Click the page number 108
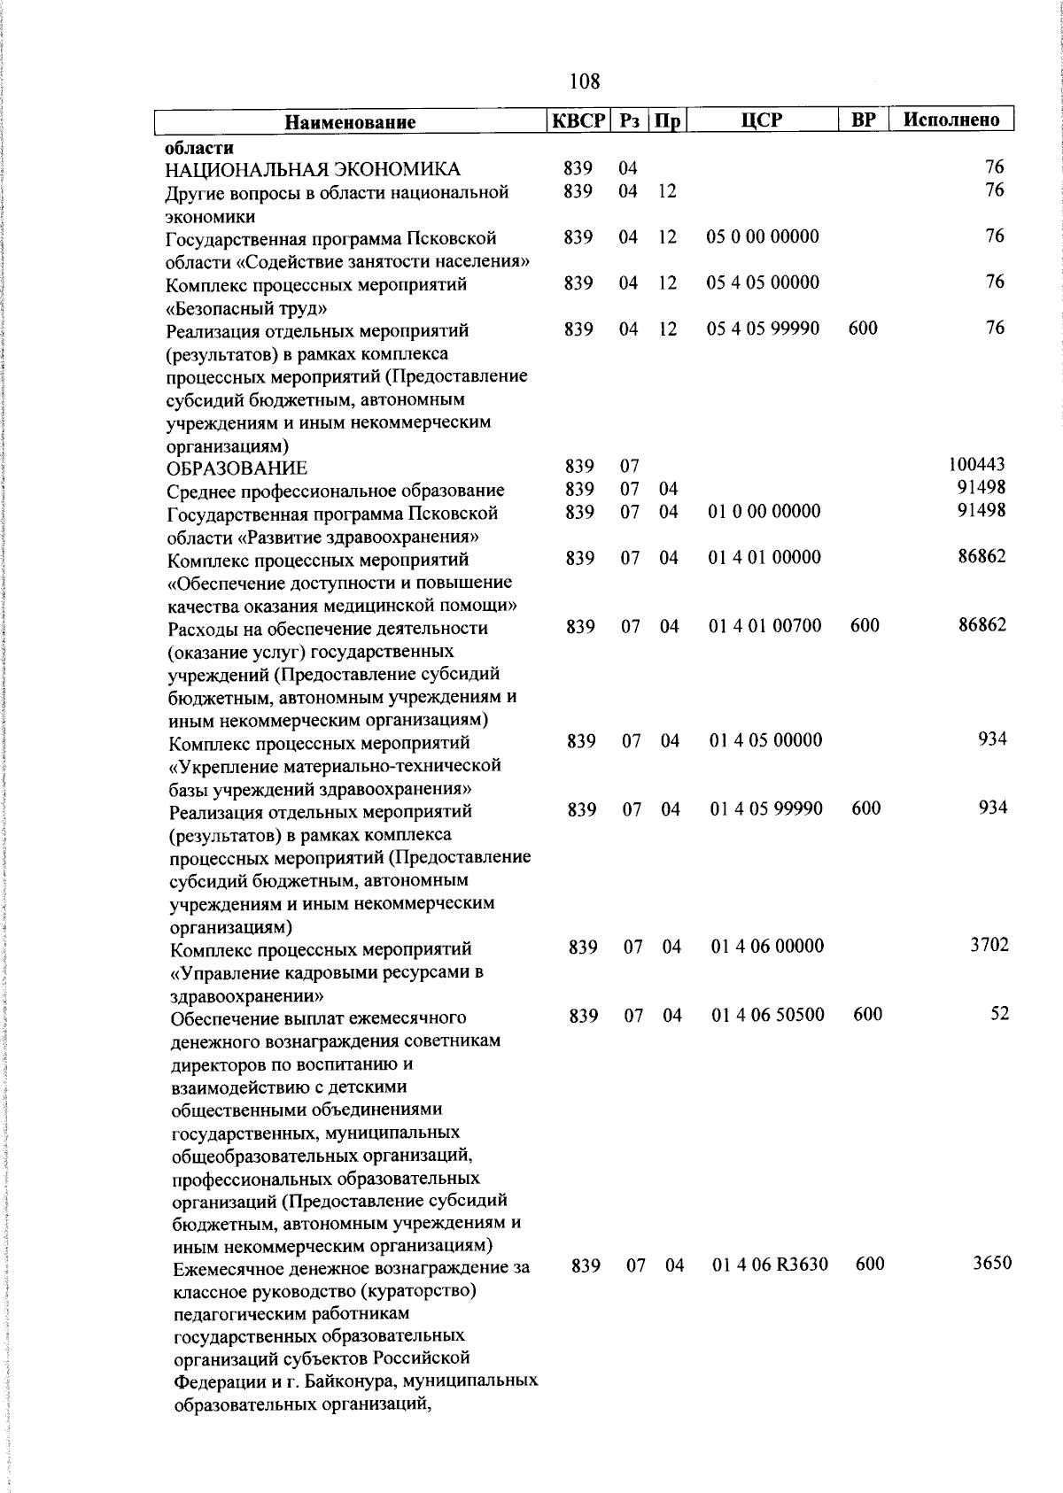(585, 82)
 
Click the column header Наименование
(350, 121)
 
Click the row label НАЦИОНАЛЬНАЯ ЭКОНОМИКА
(314, 169)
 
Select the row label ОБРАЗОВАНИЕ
(237, 468)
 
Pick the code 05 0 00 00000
(763, 236)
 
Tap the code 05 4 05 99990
(763, 329)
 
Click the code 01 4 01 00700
(765, 626)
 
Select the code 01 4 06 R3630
(770, 1265)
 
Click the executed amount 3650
(991, 1263)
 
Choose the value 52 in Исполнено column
(999, 1014)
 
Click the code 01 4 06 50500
(768, 1015)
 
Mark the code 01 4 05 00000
(765, 740)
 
